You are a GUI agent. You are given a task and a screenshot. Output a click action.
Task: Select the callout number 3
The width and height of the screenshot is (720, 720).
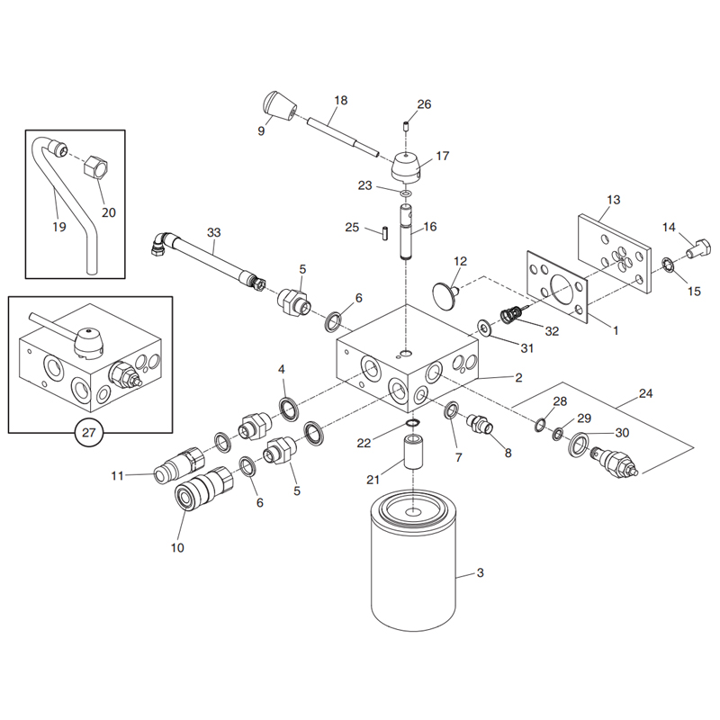480,573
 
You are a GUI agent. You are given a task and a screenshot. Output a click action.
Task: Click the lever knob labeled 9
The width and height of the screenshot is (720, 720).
282,105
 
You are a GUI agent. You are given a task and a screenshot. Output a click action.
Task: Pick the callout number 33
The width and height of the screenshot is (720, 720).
213,232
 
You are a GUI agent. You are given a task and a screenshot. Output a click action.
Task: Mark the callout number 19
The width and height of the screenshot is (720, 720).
59,227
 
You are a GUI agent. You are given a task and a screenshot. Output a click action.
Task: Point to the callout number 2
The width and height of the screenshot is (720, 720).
518,378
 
